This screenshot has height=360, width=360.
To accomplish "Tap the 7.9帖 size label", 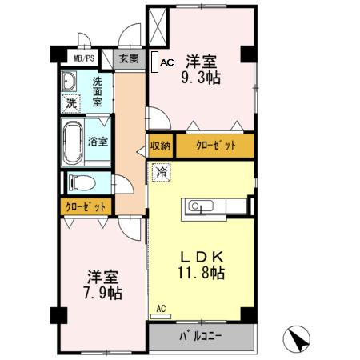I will pyautogui.click(x=105, y=294).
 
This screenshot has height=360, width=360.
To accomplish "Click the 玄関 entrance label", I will pyautogui.click(x=128, y=58).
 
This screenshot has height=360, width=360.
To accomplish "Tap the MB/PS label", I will pyautogui.click(x=84, y=58).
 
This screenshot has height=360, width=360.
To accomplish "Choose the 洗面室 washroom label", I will pyautogui.click(x=97, y=90).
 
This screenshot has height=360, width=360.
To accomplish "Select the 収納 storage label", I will pyautogui.click(x=160, y=146).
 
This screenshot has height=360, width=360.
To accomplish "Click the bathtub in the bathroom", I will pyautogui.click(x=76, y=141).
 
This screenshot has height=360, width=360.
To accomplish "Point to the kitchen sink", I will pyautogui.click(x=198, y=207).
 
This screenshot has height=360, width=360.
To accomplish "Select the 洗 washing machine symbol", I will pyautogui.click(x=72, y=103).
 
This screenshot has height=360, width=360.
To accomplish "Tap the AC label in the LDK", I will pyautogui.click(x=161, y=309).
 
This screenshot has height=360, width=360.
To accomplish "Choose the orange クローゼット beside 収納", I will pyautogui.click(x=214, y=146).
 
